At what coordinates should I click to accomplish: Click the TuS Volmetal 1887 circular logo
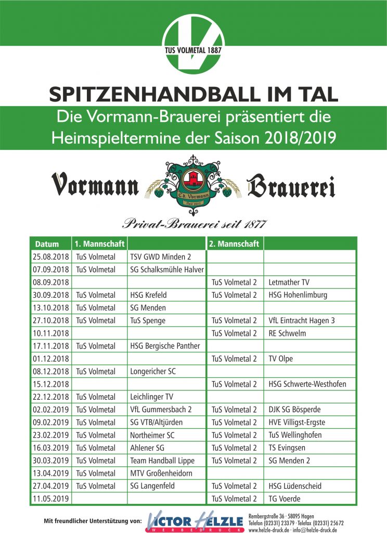193,42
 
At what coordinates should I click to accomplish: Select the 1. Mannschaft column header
99,244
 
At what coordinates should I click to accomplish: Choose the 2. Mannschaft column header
234,244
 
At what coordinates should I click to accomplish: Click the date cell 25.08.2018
51,257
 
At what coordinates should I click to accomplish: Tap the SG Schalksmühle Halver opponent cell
166,270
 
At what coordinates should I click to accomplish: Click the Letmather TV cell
289,283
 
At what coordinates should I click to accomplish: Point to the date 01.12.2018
51,359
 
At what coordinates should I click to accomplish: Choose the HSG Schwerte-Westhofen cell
307,385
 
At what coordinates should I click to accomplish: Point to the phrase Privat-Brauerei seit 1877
195,224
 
